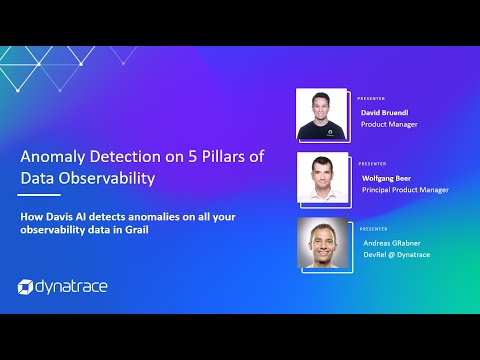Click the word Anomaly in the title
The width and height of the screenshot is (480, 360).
(51, 155)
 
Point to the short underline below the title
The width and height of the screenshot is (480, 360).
(40, 195)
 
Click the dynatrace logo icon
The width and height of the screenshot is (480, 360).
(26, 287)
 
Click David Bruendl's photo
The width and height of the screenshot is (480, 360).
(322, 114)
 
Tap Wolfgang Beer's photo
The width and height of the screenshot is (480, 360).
(322, 178)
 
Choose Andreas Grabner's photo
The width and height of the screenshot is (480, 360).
(322, 244)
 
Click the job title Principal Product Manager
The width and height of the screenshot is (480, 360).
(405, 189)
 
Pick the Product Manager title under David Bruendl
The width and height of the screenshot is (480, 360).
(389, 125)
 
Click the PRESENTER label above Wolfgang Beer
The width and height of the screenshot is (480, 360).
(371, 163)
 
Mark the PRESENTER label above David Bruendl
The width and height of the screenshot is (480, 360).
(371, 99)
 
